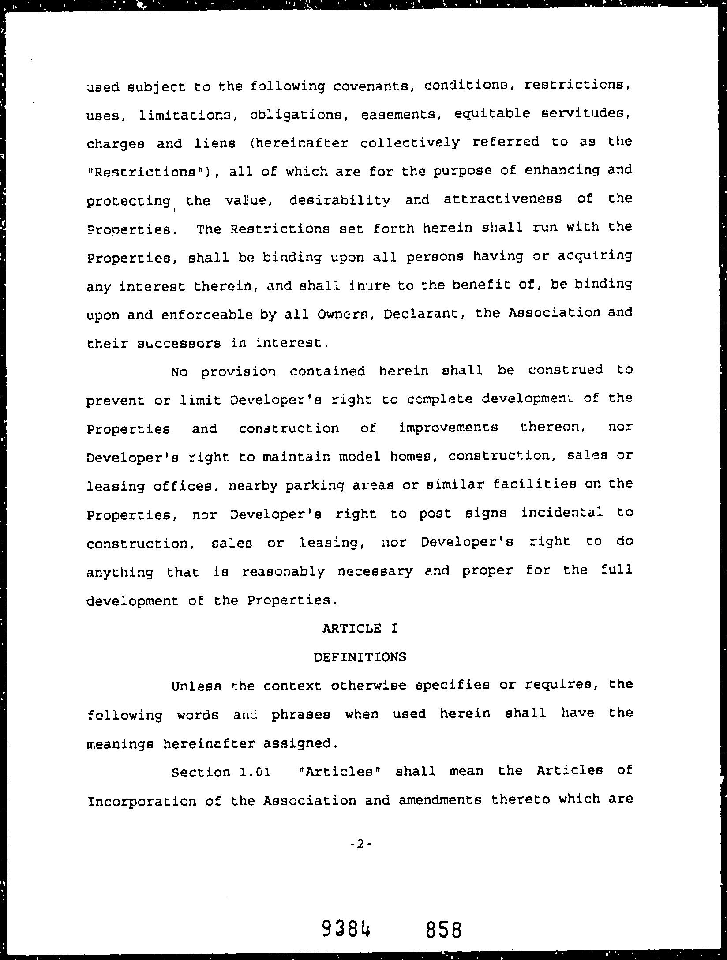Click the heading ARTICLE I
(x=360, y=628)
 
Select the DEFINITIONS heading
(x=360, y=657)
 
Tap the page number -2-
(x=361, y=844)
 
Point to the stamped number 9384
(x=346, y=930)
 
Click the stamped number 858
(x=444, y=930)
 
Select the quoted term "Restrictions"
(x=149, y=172)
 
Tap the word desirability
(x=340, y=201)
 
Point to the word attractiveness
(x=502, y=200)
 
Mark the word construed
(x=565, y=370)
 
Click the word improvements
(x=448, y=428)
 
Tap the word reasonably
(x=283, y=572)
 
